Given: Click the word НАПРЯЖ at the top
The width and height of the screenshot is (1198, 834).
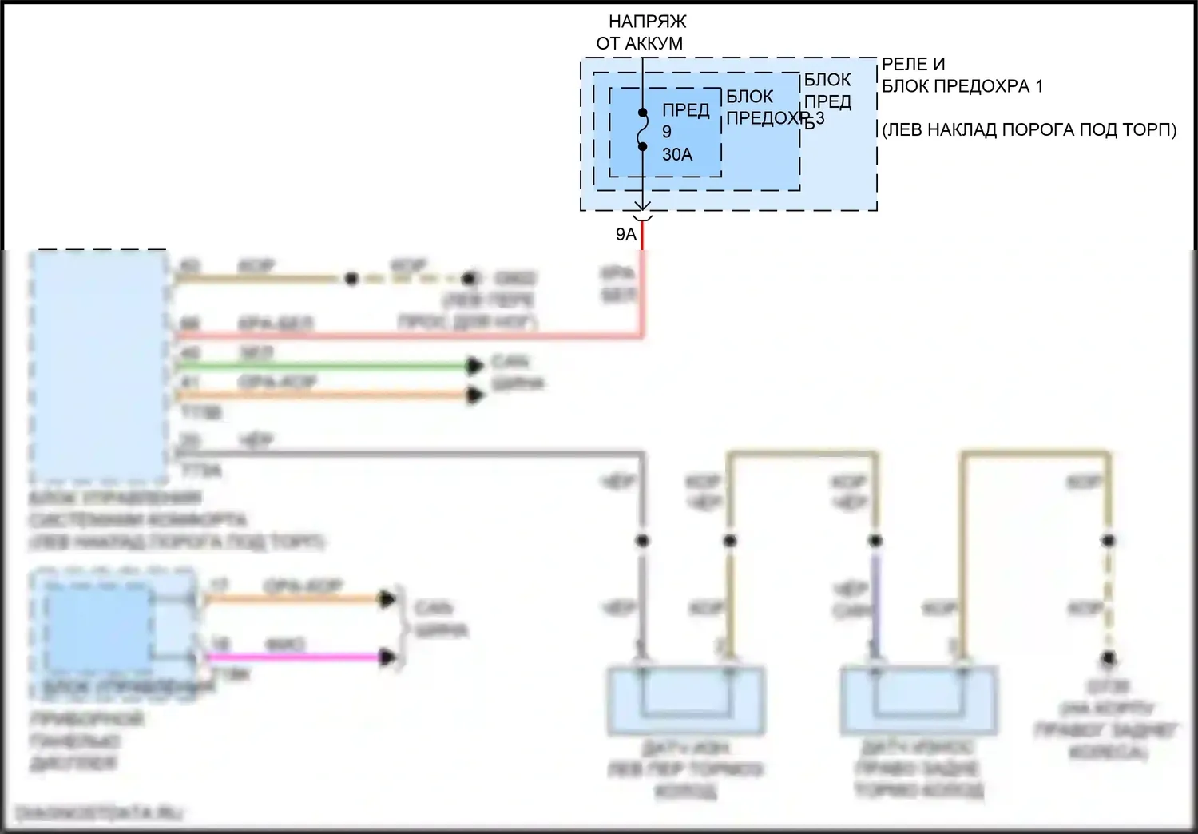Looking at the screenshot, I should point(647,22).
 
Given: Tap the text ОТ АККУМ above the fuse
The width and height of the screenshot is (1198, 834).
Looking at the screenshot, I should point(640,43).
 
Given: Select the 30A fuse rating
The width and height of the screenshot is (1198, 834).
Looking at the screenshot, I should point(677,154).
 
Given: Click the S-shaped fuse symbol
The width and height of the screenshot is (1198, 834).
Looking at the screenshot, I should point(642,129).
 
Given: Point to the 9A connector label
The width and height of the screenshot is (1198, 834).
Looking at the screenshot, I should point(626,234).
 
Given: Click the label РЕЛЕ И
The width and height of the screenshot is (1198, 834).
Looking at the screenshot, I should point(913,64).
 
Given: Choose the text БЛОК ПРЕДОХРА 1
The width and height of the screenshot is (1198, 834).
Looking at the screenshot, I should point(962,86).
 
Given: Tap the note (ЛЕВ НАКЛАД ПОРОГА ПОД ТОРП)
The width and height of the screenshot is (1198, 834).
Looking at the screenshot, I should point(1029,129).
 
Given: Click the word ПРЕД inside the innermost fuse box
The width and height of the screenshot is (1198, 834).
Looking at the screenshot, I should point(685,110).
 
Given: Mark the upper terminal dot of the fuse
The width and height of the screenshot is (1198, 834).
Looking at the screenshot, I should point(642,113).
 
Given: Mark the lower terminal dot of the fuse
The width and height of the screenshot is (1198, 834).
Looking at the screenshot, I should point(642,146).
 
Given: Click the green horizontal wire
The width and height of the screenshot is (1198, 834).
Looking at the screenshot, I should point(319,366).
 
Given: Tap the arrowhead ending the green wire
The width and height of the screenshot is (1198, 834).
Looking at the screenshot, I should point(476,366).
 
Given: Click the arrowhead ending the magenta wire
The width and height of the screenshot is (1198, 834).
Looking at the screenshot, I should point(388,657).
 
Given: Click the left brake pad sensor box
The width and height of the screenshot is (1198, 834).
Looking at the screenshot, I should point(686,701).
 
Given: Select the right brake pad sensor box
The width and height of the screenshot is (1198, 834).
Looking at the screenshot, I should point(918,701).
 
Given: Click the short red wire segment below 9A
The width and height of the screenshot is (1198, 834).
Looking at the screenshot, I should point(642,236).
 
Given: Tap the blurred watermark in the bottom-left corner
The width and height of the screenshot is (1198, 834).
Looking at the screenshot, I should point(100,813).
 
